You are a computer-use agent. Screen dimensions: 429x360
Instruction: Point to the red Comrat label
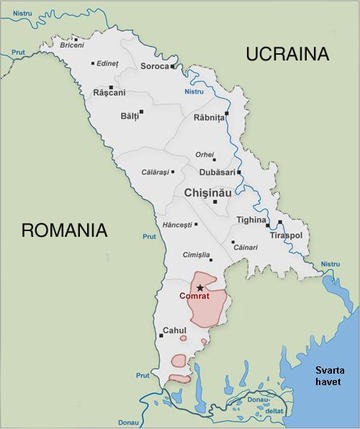195,297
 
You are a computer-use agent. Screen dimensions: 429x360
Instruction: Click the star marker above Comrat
200,287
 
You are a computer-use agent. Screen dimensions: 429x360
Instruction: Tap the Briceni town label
71,45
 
